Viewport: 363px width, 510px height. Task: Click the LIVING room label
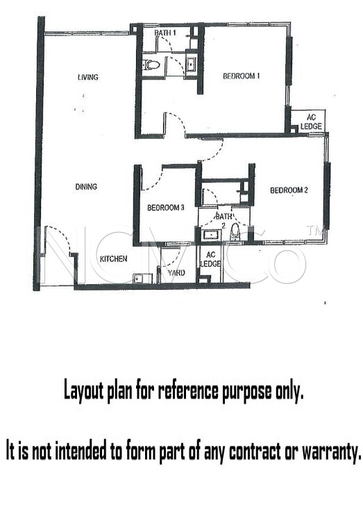tap(87, 77)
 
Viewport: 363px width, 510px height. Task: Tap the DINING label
tap(86, 187)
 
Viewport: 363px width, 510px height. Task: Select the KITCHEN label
tap(113, 259)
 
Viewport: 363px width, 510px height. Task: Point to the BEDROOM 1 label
tap(241, 76)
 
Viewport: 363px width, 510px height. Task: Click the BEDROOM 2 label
tap(289, 190)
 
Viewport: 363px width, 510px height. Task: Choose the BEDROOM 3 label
tap(166, 208)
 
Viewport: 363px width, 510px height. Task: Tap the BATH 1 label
tap(165, 33)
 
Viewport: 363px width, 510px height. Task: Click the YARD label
tap(176, 272)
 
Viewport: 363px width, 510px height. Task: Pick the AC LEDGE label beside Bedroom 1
tap(311, 122)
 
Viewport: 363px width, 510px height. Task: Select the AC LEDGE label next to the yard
tap(210, 260)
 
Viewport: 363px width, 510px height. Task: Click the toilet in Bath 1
tap(151, 65)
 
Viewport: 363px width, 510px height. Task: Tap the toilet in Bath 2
tap(235, 233)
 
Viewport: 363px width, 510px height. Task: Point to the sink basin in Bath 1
tap(190, 64)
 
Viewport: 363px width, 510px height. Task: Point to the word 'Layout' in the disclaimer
tap(84, 391)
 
